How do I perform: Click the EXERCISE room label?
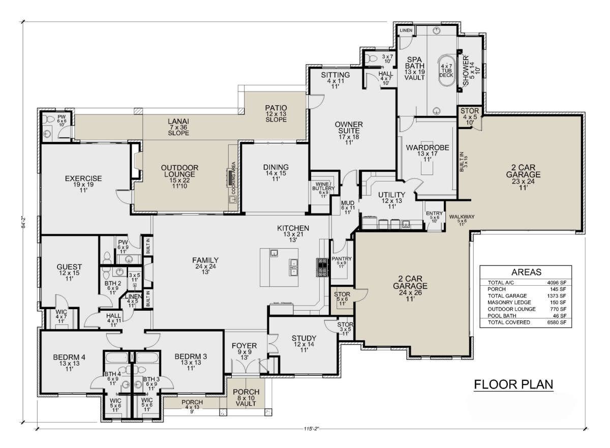(83, 178)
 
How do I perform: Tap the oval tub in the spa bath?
(446, 71)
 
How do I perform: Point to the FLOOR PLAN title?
(513, 384)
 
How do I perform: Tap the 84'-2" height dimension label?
(24, 222)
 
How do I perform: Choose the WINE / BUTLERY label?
(323, 186)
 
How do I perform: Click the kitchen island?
(279, 267)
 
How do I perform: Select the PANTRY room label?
(342, 258)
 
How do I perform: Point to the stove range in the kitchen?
(322, 267)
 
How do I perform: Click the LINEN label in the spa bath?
(406, 31)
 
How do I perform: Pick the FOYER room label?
(245, 346)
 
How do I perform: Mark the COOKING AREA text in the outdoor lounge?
(233, 178)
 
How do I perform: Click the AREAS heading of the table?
(526, 272)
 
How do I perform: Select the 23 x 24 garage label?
(523, 182)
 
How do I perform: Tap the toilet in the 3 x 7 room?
(371, 58)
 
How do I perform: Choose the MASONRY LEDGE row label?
(509, 302)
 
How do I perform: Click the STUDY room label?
(304, 338)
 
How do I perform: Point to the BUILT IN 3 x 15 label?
(464, 162)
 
